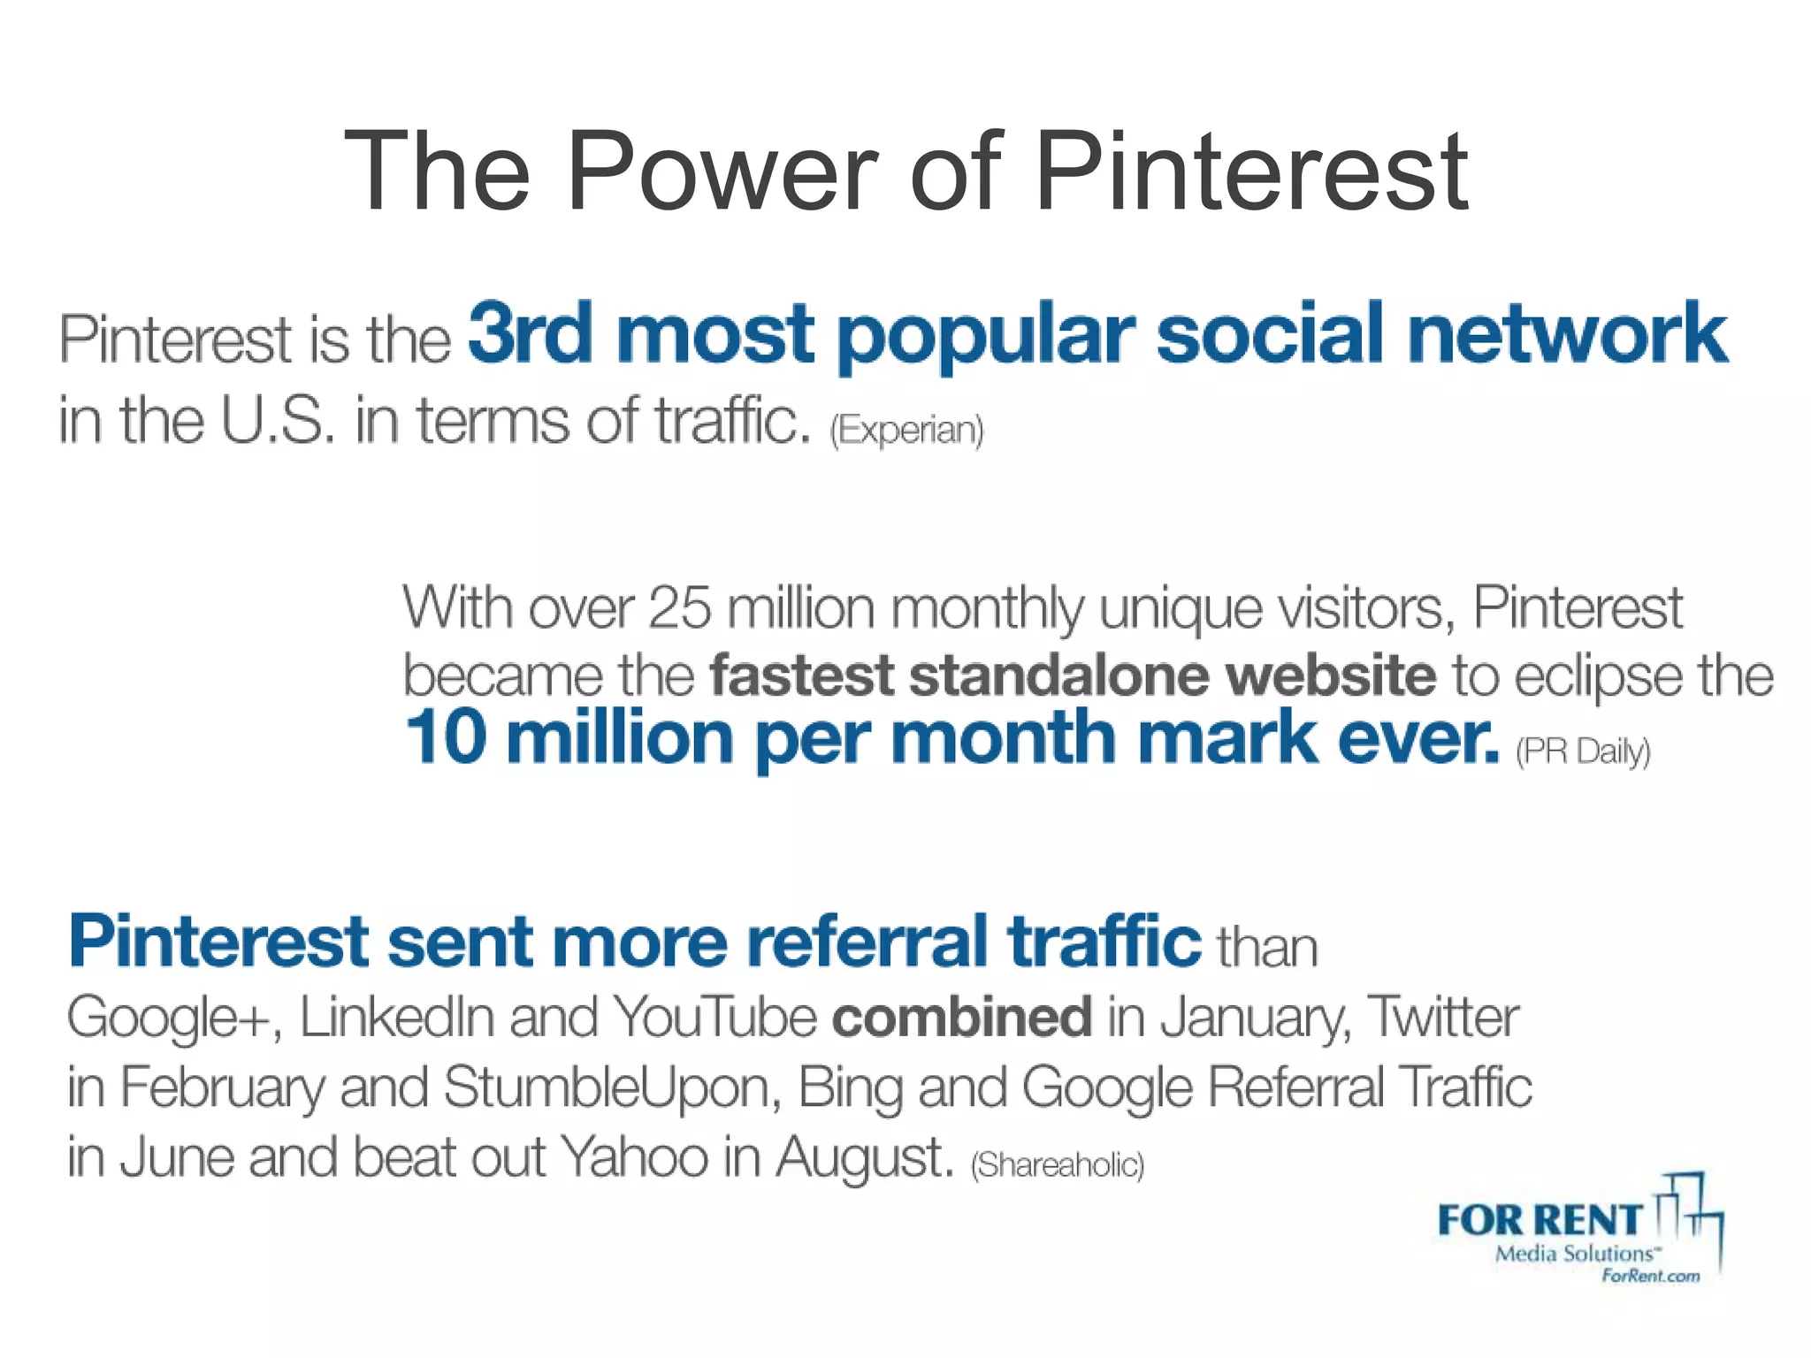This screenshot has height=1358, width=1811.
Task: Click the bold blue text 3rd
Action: click(x=529, y=334)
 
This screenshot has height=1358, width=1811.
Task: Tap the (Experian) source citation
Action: click(x=906, y=431)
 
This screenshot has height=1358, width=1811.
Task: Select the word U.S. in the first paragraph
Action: click(x=277, y=421)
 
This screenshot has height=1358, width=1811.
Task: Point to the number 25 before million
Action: click(x=679, y=608)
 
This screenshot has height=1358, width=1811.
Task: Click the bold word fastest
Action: click(x=801, y=675)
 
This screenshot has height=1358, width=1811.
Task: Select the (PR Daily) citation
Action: click(x=1583, y=751)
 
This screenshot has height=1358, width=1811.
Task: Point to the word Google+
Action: click(x=174, y=1018)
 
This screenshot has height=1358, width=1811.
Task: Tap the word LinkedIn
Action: click(x=396, y=1018)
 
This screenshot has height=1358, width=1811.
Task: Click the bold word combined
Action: click(x=961, y=1018)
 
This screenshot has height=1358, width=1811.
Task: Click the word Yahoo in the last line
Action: click(x=634, y=1157)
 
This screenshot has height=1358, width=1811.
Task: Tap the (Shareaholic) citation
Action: click(x=1057, y=1165)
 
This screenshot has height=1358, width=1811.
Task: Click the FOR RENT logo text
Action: click(x=1539, y=1221)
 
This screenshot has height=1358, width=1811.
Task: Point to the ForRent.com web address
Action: click(x=1650, y=1276)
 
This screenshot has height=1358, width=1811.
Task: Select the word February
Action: click(x=222, y=1087)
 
